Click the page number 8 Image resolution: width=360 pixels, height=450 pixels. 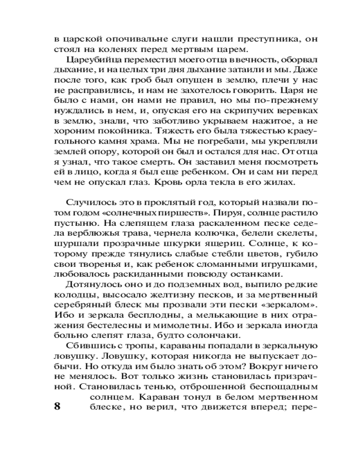coord(57,407)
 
